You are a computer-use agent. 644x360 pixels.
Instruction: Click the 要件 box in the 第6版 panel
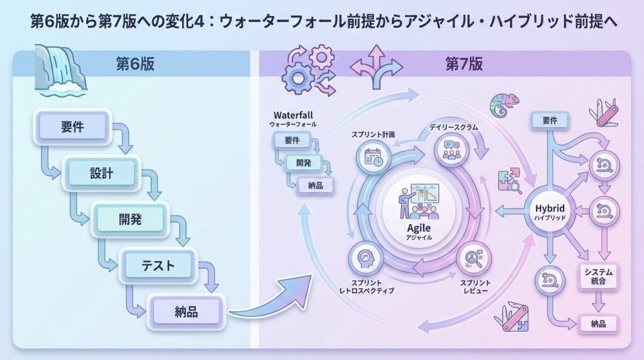pyautogui.click(x=73, y=127)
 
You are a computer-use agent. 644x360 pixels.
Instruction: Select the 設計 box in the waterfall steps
pyautogui.click(x=101, y=172)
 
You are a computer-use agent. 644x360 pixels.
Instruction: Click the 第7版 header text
pyautogui.click(x=464, y=64)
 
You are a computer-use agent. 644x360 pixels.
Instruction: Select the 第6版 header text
pyautogui.click(x=135, y=64)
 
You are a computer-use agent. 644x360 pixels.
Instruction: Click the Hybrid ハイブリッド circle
pyautogui.click(x=550, y=211)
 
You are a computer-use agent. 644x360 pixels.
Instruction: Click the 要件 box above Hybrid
pyautogui.click(x=549, y=119)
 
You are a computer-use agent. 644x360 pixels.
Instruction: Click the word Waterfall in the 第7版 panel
pyautogui.click(x=292, y=116)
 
